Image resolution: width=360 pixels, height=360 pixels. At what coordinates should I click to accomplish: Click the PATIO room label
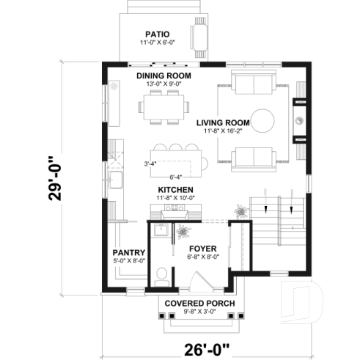158,33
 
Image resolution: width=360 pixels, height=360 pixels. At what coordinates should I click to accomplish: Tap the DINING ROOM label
164,76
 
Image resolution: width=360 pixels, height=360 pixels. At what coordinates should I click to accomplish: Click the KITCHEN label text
176,190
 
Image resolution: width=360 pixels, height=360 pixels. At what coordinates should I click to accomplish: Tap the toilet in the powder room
163,276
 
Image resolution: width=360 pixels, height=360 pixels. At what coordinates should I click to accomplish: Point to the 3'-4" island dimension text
151,163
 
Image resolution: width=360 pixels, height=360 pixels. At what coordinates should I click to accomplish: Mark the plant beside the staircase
239,210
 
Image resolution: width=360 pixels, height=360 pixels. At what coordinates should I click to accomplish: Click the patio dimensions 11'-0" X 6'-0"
158,43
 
